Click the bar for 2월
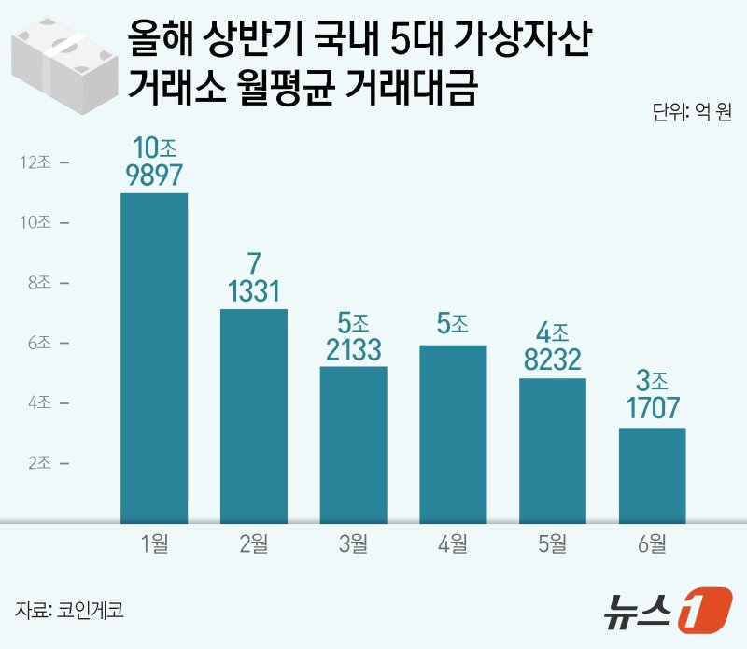click(254, 416)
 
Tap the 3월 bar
click(353, 444)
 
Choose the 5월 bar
click(553, 450)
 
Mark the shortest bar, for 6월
click(652, 475)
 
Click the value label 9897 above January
click(154, 175)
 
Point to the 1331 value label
click(254, 291)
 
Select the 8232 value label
click(553, 360)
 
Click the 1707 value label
click(652, 408)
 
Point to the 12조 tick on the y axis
click(40, 162)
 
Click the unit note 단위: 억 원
click(692, 115)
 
